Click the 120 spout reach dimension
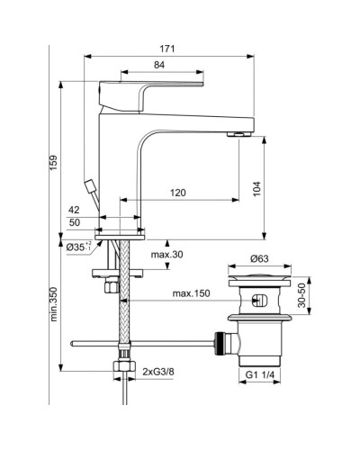[180, 193]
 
